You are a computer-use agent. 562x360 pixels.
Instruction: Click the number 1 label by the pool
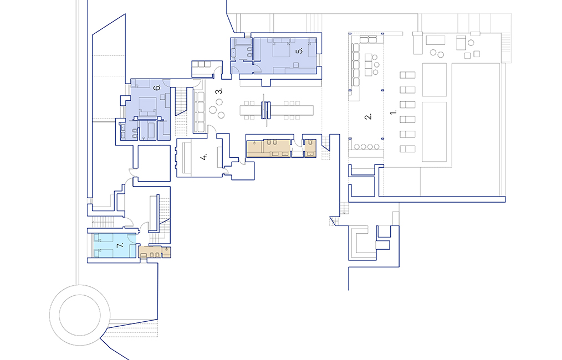(394, 112)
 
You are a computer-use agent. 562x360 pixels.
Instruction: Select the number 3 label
(219, 90)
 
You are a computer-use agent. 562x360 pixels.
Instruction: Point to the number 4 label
(204, 157)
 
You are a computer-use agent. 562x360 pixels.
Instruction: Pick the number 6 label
(157, 88)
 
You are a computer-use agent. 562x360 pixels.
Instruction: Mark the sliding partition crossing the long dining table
(266, 110)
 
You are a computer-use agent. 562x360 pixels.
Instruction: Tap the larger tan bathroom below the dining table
(268, 148)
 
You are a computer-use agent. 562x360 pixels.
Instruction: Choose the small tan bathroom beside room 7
(154, 252)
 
